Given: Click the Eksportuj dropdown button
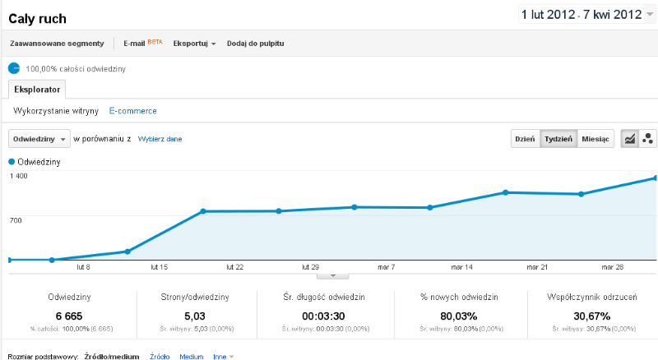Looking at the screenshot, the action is point(194,44).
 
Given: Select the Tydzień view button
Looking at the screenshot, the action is point(558,139).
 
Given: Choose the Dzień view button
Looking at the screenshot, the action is point(525,139).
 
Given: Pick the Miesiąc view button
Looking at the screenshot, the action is point(595,139).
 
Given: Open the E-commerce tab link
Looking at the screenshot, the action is point(132,111).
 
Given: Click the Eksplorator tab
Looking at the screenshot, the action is point(37,90).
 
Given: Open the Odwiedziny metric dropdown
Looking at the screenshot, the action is point(39,139).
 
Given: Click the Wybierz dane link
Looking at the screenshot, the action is point(160,139).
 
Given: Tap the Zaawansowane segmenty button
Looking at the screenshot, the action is point(57,44).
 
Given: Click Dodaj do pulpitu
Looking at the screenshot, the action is point(255,44).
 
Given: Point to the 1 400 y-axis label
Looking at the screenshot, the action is point(18,176).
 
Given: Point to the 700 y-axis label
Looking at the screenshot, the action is point(16,220).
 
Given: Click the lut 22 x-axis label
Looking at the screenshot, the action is point(234,267).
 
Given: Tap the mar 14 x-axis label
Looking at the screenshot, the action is point(461,267).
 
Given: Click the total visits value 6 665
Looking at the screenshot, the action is point(69,316).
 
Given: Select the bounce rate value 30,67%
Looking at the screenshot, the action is point(591,316).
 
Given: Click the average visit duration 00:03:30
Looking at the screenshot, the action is point(323,316).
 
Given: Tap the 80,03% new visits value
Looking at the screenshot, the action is point(459,316).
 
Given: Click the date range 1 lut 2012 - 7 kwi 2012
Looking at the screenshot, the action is point(582,15).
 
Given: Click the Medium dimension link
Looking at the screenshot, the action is point(192,356).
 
